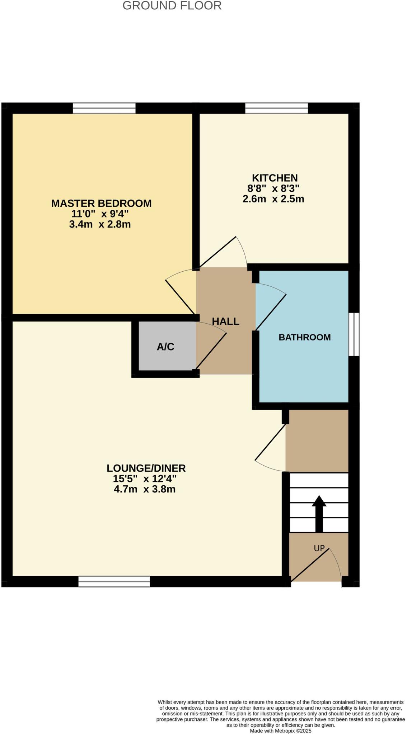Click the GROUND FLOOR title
pyautogui.click(x=172, y=6)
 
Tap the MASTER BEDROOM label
pyautogui.click(x=101, y=203)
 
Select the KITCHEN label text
pyautogui.click(x=275, y=178)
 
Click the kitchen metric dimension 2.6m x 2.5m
pyautogui.click(x=273, y=199)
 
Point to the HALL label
pyautogui.click(x=225, y=321)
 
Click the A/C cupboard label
pyautogui.click(x=165, y=347)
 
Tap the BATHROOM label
pyautogui.click(x=304, y=337)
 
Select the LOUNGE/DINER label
pyautogui.click(x=146, y=468)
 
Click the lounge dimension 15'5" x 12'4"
pyautogui.click(x=145, y=479)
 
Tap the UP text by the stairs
pyautogui.click(x=319, y=548)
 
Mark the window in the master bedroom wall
pyautogui.click(x=104, y=108)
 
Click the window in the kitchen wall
pyautogui.click(x=276, y=108)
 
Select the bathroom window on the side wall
pyautogui.click(x=354, y=334)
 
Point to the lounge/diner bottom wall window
pyautogui.click(x=114, y=581)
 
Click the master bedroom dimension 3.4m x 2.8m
pyautogui.click(x=100, y=225)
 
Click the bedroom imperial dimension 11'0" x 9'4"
pyautogui.click(x=100, y=214)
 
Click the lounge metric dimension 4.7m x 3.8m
pyautogui.click(x=145, y=489)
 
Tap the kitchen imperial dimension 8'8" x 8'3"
pyautogui.click(x=273, y=188)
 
